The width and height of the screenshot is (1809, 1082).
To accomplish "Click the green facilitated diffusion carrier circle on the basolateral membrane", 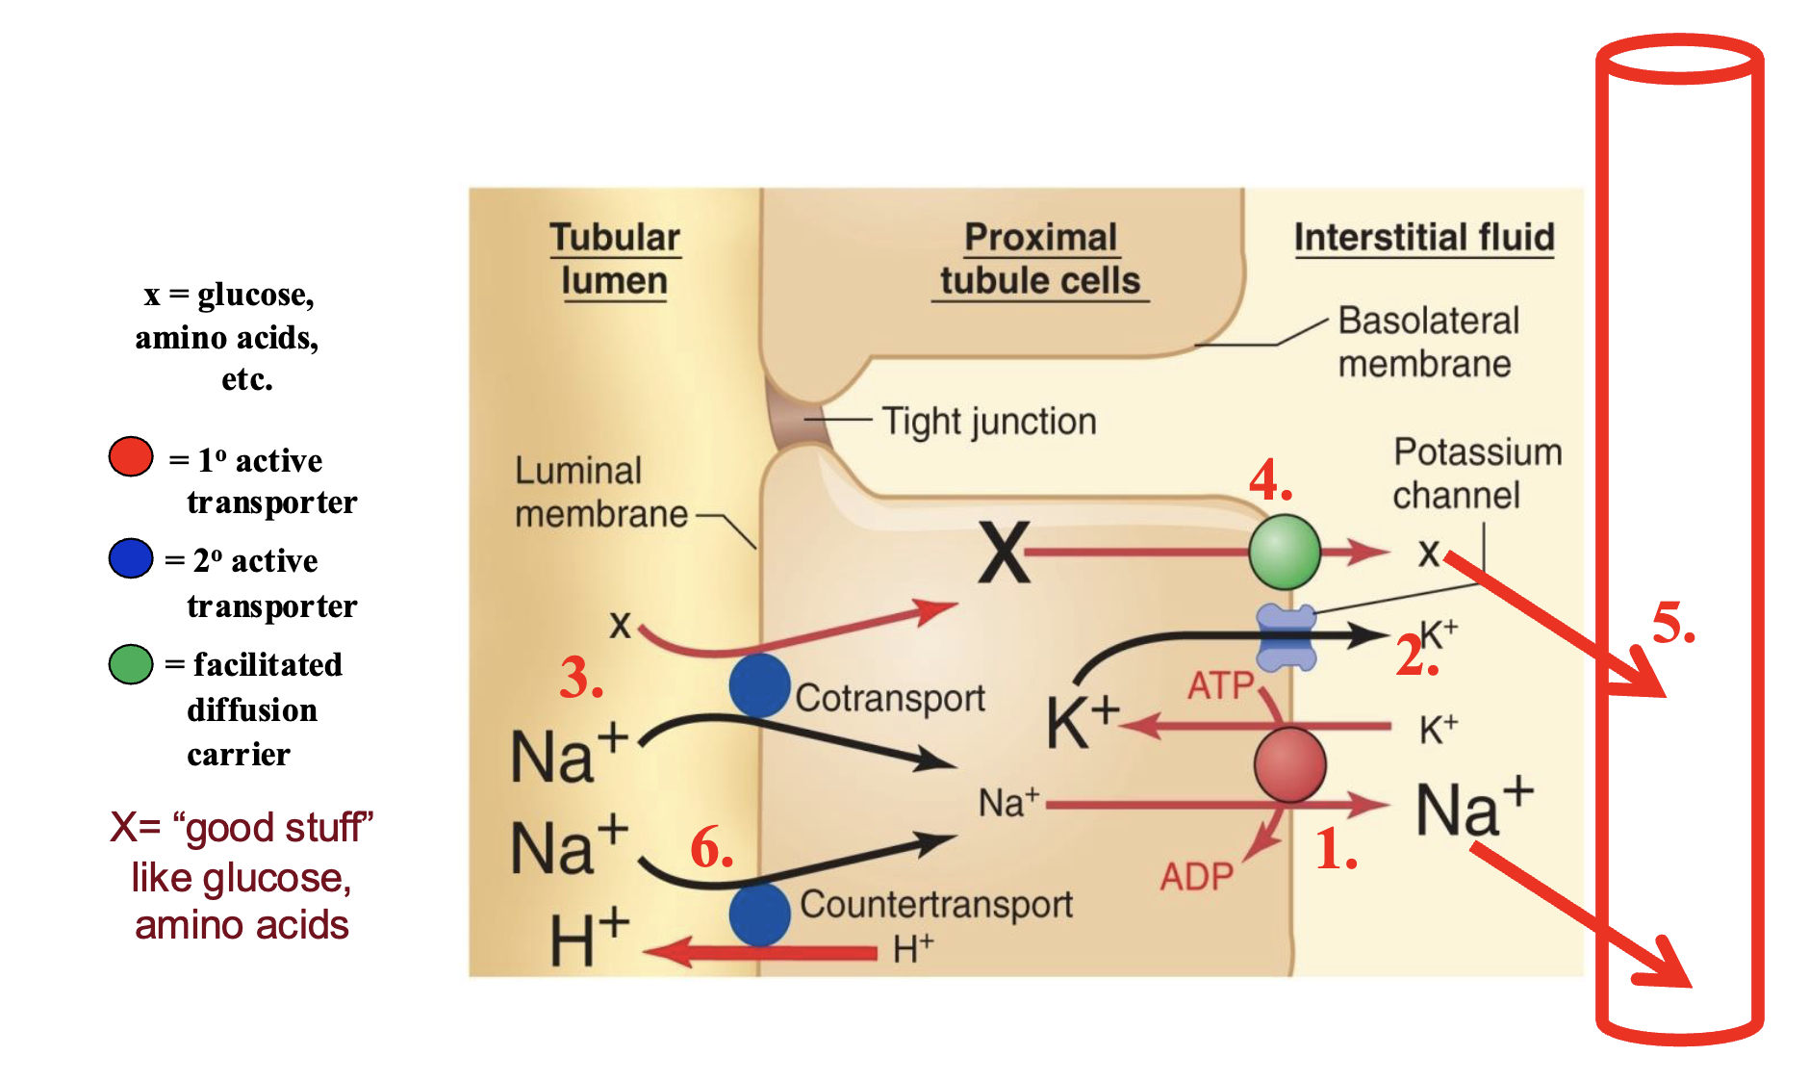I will pyautogui.click(x=1284, y=552).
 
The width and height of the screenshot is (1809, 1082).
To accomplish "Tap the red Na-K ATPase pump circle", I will pyautogui.click(x=1289, y=765).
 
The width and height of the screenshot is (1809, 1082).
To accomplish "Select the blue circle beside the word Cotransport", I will pyautogui.click(x=759, y=685).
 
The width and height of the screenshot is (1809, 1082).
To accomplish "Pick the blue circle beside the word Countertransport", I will pyautogui.click(x=759, y=915).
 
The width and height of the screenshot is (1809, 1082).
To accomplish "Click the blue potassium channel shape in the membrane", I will pyautogui.click(x=1287, y=637).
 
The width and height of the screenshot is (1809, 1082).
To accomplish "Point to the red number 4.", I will pyautogui.click(x=1270, y=479).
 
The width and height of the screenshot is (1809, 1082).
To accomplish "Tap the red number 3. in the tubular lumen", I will pyautogui.click(x=581, y=678).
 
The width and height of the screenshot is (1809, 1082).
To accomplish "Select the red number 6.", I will pyautogui.click(x=711, y=847).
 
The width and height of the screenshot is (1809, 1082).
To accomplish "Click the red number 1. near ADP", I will pyautogui.click(x=1336, y=850).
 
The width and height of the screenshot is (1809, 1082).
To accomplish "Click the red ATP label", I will pyautogui.click(x=1220, y=686).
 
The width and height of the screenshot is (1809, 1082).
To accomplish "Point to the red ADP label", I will pyautogui.click(x=1196, y=877).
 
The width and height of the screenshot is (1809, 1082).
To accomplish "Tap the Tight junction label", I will pyautogui.click(x=988, y=422).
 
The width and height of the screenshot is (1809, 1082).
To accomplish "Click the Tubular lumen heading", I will pyautogui.click(x=615, y=259).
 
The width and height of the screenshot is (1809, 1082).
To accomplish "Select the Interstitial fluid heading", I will pyautogui.click(x=1423, y=237).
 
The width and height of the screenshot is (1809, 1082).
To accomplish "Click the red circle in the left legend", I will pyautogui.click(x=131, y=456).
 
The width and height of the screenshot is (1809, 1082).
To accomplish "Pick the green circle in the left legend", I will pyautogui.click(x=131, y=664).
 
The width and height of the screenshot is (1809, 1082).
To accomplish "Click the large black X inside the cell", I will pyautogui.click(x=1004, y=553).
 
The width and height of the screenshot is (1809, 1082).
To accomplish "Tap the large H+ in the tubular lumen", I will pyautogui.click(x=588, y=939).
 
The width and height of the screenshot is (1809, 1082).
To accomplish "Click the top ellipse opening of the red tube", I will pyautogui.click(x=1679, y=60).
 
